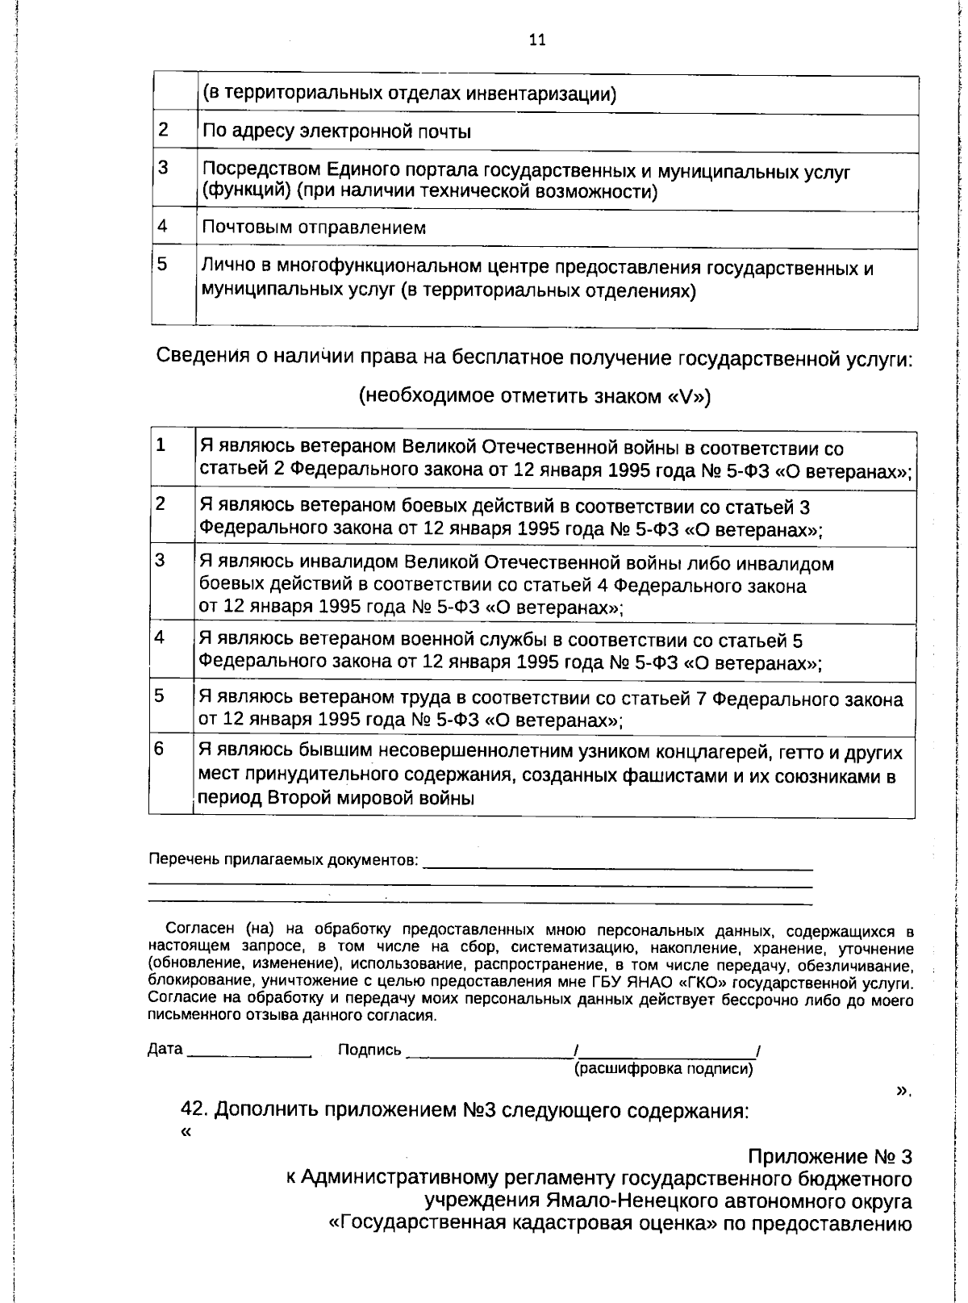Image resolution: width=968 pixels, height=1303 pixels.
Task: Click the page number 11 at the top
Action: click(537, 40)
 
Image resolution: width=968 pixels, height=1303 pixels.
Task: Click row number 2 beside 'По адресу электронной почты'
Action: click(164, 130)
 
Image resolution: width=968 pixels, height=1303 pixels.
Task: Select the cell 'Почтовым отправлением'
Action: click(314, 228)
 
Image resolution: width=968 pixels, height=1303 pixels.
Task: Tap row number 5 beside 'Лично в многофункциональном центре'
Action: click(162, 264)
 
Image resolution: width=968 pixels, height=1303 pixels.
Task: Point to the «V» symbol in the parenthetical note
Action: click(686, 396)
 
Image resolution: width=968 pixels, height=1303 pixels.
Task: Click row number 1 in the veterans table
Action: click(161, 445)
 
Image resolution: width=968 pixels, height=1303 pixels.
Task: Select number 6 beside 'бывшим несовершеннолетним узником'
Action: click(160, 749)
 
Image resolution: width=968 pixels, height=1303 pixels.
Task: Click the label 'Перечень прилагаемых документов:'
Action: click(284, 860)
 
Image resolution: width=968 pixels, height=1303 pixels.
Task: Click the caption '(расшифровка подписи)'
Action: click(663, 1070)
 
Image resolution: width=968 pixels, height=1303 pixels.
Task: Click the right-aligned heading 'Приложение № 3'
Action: click(829, 1157)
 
